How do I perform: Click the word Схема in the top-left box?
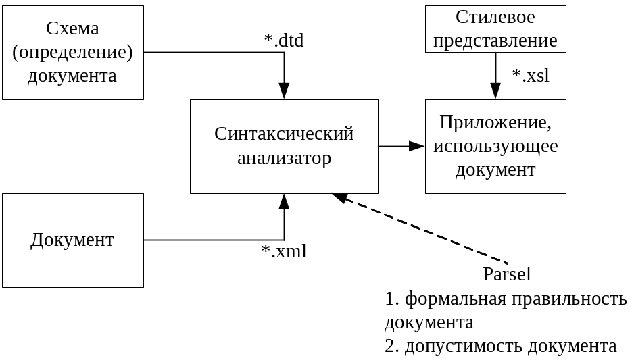pos(72,29)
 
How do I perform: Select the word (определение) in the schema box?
pos(72,53)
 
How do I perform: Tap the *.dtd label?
pos(284,41)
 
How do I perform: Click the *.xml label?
pos(284,252)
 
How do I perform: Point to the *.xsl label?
pos(530,75)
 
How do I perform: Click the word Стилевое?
pos(495,17)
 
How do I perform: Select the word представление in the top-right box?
pos(495,41)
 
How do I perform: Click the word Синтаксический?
pos(284,134)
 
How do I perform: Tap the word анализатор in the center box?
pos(284,159)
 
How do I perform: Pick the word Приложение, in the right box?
pos(495,123)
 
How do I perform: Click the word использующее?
pos(495,146)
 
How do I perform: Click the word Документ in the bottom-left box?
pos(72,240)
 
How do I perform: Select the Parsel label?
pos(506,274)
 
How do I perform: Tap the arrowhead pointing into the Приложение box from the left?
pos(417,146)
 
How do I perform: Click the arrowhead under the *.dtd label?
pos(284,91)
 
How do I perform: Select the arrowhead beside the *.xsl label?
pos(495,91)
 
